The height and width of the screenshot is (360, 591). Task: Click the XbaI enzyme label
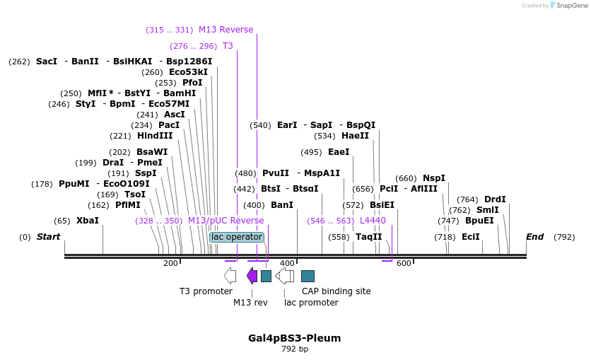tap(87, 221)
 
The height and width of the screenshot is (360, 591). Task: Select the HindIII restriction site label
tap(155, 136)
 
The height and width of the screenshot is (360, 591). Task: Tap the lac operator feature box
tap(237, 237)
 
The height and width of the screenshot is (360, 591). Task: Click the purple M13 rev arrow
tap(252, 276)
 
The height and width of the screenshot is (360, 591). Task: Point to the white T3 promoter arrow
tap(230, 276)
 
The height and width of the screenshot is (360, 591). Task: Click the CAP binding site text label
tap(336, 291)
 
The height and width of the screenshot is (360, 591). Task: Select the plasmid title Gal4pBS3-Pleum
tap(294, 338)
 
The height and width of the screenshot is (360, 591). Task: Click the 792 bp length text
tap(295, 349)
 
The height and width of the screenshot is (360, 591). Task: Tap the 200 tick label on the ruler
tap(170, 264)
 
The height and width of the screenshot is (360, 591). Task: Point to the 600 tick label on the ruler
tap(404, 264)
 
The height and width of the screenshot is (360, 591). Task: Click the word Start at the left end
tap(48, 237)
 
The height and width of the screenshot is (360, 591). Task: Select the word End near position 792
tap(534, 237)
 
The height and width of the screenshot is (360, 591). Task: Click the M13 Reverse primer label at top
tap(226, 30)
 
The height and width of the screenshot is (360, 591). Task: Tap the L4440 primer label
tap(373, 221)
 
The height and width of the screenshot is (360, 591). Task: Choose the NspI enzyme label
tap(434, 178)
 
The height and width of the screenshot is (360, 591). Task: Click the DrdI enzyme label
tap(495, 199)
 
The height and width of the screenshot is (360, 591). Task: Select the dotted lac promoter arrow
tap(284, 276)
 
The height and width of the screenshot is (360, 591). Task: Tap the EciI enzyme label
tap(470, 237)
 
